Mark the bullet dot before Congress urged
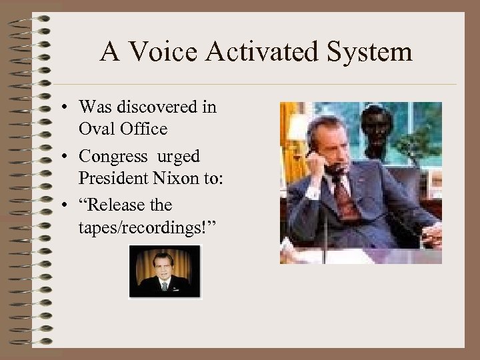(69, 157)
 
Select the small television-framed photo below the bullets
(165, 271)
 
